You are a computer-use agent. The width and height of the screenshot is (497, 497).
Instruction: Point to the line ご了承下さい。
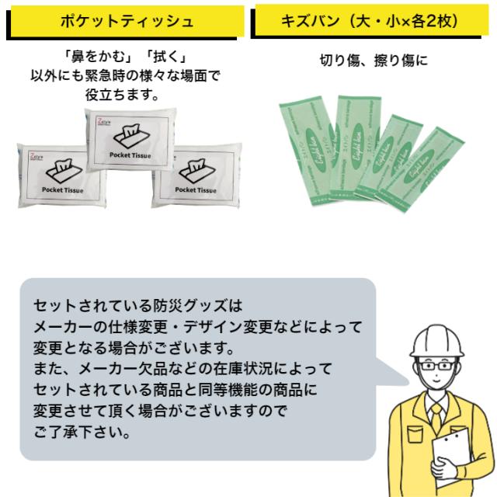click(x=82, y=432)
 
